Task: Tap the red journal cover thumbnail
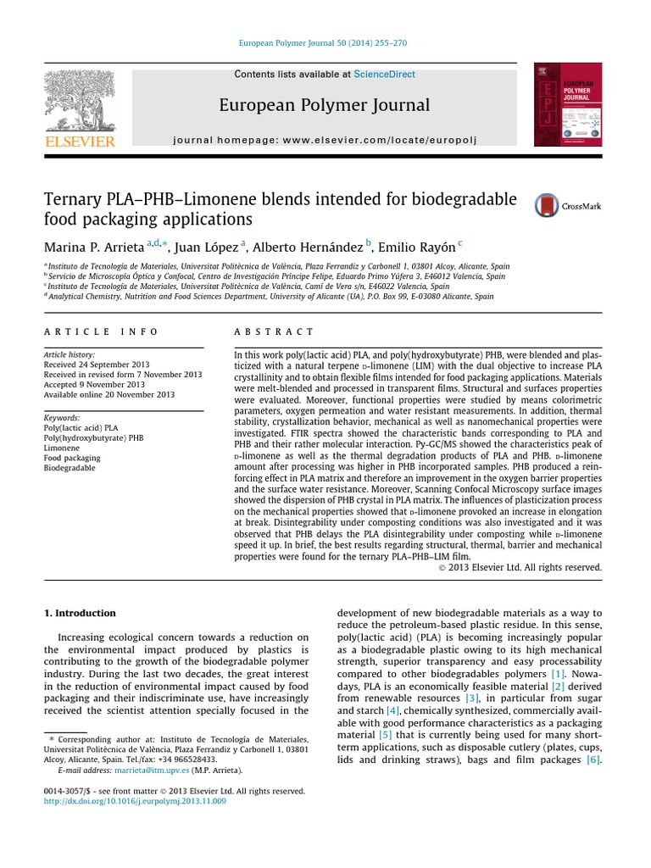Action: [567, 105]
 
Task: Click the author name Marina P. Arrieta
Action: [93, 247]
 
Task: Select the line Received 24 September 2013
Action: [95, 364]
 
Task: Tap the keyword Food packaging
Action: [71, 458]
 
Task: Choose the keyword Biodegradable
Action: [70, 468]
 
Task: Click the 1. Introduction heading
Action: [80, 613]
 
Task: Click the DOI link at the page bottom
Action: [135, 801]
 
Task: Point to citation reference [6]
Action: [593, 760]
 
